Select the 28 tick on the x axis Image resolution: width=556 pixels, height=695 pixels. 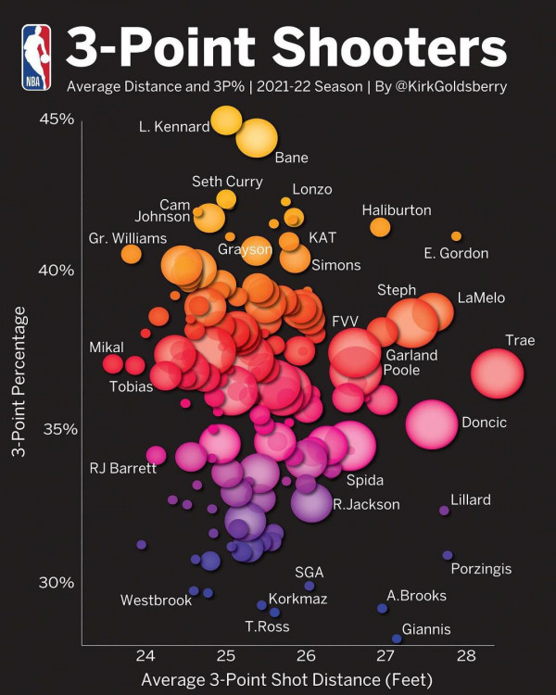coord(466,656)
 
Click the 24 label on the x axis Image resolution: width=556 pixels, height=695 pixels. coord(145,656)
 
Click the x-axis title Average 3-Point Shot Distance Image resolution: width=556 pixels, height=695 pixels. coord(286,680)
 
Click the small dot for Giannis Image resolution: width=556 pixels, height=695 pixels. coord(397,638)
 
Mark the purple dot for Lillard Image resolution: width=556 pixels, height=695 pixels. coord(444,511)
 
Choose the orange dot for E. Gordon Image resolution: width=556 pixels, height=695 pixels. coord(456,236)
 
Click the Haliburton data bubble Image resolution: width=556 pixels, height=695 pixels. coord(380,227)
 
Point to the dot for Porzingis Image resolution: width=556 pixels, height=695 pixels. coord(448,555)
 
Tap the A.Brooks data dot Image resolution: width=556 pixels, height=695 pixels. coord(382,609)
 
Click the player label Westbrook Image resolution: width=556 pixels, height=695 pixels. coord(156,600)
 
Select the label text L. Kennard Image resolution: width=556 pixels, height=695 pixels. coord(174,127)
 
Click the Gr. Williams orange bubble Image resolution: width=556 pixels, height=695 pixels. coord(131,253)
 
